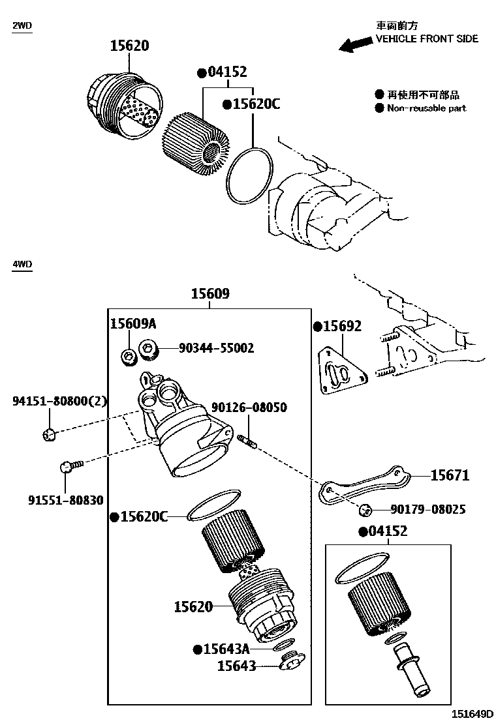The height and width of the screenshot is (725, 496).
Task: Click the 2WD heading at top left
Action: coord(22,25)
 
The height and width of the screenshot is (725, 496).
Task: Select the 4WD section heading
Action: coord(22,264)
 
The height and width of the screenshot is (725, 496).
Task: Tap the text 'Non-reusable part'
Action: coord(426,108)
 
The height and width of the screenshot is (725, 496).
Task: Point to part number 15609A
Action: coord(132,324)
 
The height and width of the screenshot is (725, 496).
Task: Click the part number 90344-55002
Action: coord(216,348)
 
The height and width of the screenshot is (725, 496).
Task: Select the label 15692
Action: coord(342,326)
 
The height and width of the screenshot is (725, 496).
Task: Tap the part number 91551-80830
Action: coord(65,499)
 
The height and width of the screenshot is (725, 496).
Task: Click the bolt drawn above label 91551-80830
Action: coord(70,466)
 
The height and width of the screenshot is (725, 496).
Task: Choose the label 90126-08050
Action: coord(249,407)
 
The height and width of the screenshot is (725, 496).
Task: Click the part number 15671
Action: coord(450,475)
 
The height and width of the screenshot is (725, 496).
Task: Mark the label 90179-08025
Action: coord(427,509)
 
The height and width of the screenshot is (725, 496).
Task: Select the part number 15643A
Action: coord(226,649)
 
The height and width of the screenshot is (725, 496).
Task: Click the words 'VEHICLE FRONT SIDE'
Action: coord(427,38)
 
